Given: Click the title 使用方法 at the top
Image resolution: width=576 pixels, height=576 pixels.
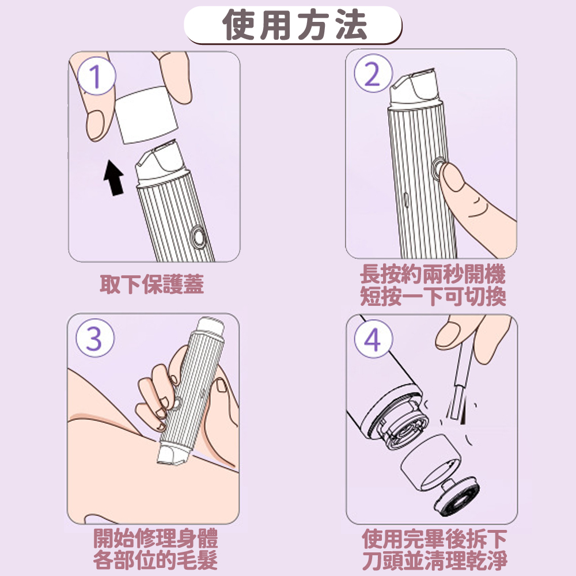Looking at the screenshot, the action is click(294, 24).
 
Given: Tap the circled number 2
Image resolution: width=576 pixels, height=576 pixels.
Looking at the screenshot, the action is click(373, 73).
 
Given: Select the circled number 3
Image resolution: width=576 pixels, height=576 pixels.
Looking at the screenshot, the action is click(95, 338).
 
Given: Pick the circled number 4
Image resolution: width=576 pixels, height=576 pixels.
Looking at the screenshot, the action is click(373, 339).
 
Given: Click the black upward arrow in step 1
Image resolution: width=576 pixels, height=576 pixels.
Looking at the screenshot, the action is click(114, 178).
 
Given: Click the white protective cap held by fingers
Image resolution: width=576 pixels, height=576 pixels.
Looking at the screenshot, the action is click(146, 114).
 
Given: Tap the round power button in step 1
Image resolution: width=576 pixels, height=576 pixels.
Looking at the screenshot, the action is click(199, 236).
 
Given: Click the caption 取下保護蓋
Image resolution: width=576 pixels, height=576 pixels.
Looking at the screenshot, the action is click(151, 284).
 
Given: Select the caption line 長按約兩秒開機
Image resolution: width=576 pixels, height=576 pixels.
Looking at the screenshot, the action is click(433, 274).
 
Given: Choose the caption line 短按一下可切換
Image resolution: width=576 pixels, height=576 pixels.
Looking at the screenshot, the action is click(433, 296).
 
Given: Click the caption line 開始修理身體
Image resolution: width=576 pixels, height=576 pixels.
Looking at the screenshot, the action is click(156, 538).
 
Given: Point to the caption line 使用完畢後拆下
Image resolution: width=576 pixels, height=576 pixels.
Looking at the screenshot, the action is click(434, 539).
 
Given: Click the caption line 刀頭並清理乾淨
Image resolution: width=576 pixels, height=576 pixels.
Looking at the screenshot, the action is click(434, 560).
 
